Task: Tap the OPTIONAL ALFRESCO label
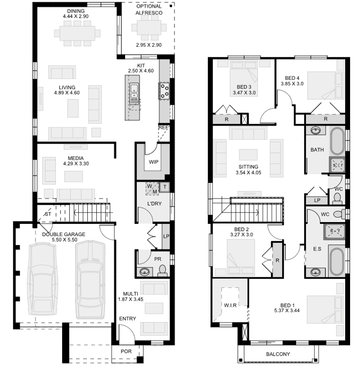pos(149,10)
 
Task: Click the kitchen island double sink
pos(134,93)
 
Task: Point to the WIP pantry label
pos(153,162)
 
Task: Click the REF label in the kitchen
pos(163,127)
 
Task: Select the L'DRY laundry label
pos(154,203)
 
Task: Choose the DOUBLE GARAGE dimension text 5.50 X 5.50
pos(63,241)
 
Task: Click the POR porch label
pos(126,351)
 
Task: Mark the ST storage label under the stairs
pos(48,214)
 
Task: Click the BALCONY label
pos(278,354)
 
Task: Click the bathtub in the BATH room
pos(336,141)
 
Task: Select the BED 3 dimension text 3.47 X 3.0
pos(244,93)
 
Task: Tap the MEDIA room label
pos(76,158)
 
